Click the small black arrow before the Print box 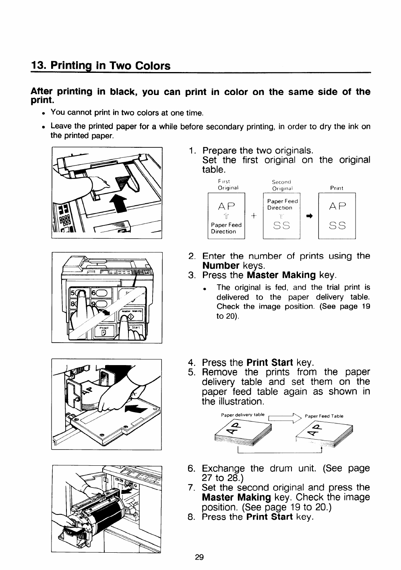click(310, 216)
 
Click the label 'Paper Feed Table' click(324, 416)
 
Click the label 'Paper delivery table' click(243, 415)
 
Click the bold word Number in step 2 click(221, 266)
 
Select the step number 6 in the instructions click(192, 469)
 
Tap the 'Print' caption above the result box click(337, 188)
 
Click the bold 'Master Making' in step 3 click(281, 275)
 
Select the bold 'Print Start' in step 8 click(269, 516)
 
